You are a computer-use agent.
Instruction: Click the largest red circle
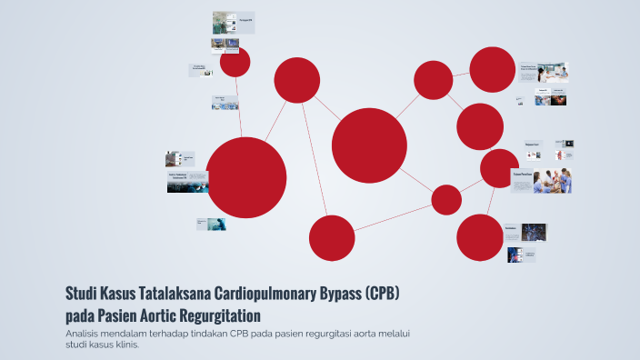(x=246, y=177)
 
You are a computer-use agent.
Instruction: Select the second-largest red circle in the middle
(x=369, y=145)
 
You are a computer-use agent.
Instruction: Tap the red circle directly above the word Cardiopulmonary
(x=332, y=238)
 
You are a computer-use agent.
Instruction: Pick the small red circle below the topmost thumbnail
(x=235, y=62)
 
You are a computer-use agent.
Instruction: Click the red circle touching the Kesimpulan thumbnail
(x=480, y=237)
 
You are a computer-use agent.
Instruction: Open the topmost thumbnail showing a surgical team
(x=233, y=21)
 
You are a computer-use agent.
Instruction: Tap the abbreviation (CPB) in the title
(x=381, y=295)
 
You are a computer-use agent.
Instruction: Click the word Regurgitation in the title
(x=213, y=315)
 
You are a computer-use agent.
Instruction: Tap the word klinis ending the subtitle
(x=123, y=345)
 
